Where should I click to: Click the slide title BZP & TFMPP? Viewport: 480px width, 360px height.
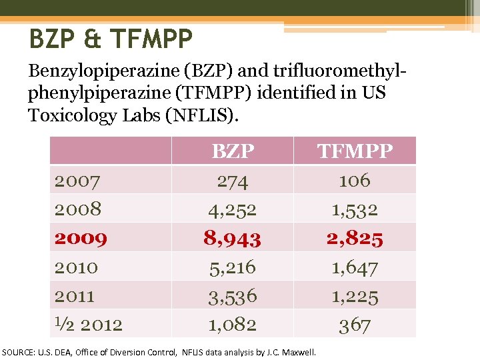[x=111, y=39]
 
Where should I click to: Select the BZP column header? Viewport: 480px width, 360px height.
[x=233, y=151]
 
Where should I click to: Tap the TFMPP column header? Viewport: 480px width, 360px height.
[x=355, y=151]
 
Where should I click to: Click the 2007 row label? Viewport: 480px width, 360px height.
[x=77, y=181]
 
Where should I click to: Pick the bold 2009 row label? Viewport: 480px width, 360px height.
[x=81, y=238]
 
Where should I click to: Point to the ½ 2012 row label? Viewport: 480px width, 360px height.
[x=88, y=325]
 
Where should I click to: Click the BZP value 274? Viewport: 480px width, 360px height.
[x=233, y=181]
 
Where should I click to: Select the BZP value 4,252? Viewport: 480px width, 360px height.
[x=233, y=209]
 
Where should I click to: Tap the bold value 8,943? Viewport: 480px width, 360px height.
[x=233, y=238]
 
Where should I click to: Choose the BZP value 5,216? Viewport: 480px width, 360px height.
[x=233, y=267]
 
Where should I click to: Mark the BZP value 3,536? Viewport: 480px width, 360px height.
[x=233, y=296]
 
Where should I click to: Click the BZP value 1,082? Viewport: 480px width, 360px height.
[x=233, y=325]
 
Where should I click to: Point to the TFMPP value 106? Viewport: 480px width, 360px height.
[x=355, y=180]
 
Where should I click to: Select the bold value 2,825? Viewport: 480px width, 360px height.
[x=355, y=238]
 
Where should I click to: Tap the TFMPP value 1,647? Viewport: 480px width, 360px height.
[x=355, y=267]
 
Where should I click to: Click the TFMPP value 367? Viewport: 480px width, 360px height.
[x=355, y=325]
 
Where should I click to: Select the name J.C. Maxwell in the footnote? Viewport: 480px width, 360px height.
[x=292, y=351]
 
